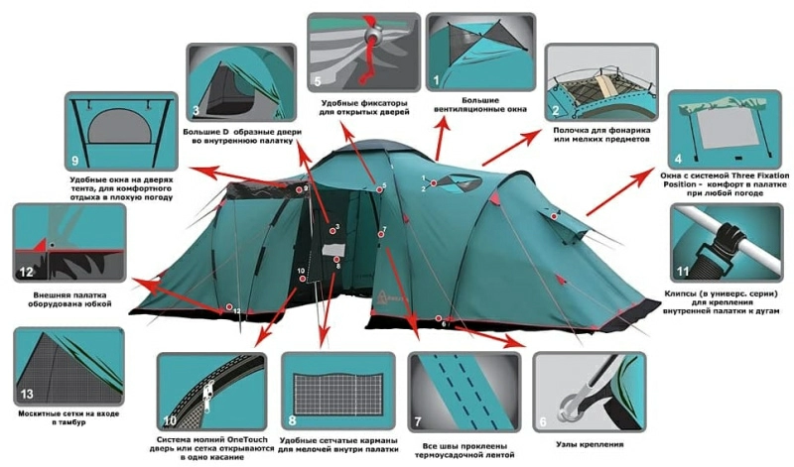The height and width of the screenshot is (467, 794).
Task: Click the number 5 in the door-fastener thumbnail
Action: pos(318,81)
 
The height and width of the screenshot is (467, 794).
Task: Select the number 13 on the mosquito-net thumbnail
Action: pos(27,395)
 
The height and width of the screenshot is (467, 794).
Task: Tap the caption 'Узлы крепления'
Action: pos(590,445)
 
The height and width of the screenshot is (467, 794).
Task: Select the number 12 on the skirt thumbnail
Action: pos(27,273)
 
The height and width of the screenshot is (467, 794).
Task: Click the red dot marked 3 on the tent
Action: pos(332,231)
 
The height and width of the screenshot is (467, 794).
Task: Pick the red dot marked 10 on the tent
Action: pos(303,279)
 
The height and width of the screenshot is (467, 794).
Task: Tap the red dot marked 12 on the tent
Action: pos(229,307)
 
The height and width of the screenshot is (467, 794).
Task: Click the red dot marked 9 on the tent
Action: pos(300,189)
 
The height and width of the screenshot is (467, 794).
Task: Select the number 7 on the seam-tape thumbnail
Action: pos(418,421)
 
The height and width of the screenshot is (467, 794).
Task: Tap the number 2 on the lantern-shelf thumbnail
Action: pos(556,111)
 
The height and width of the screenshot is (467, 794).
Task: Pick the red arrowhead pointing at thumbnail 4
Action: pos(647,175)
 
